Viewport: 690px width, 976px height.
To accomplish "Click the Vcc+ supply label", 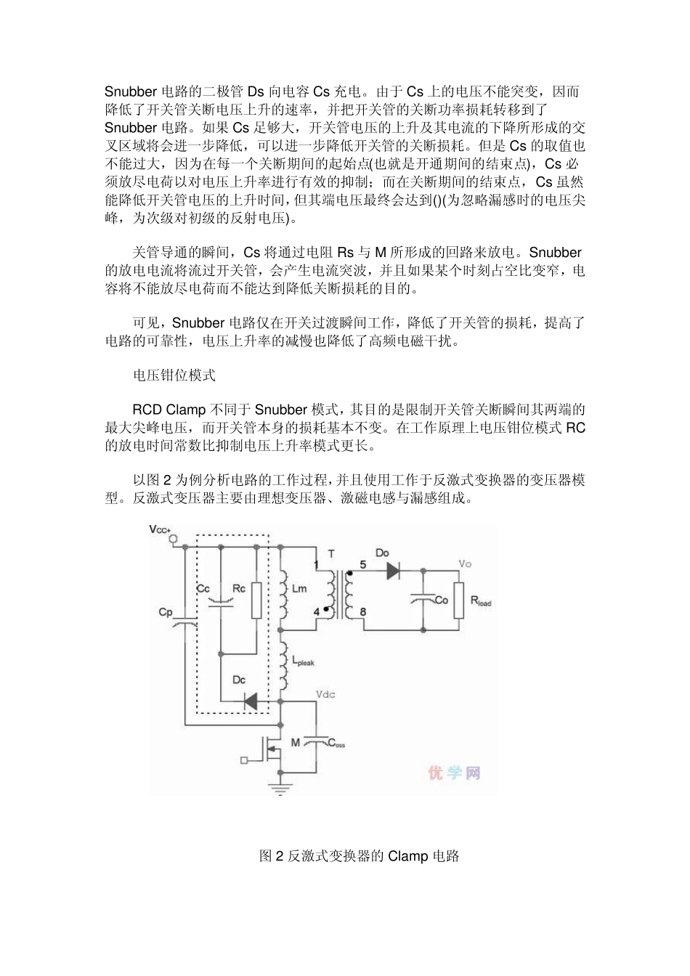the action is pos(160,529).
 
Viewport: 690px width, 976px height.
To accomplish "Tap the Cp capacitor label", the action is pos(166,612).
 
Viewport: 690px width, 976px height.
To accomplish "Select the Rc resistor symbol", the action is pos(256,601).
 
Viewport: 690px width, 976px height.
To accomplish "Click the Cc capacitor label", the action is pos(203,588).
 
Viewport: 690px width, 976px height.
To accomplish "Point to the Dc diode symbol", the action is pos(251,701).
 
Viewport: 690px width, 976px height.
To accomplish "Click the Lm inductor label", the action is pos(299,588).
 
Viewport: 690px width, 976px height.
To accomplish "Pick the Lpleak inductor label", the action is pos(303,662).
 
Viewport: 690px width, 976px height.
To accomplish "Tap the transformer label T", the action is pos(331,554).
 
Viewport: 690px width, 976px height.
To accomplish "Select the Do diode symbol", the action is pos(393,571).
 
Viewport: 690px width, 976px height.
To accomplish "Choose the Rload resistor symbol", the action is pos(458,601).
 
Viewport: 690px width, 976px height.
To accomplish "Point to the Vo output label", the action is pos(465,564).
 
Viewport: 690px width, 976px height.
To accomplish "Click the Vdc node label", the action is pos(325,695).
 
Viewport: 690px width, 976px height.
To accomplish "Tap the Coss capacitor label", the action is pos(338,744).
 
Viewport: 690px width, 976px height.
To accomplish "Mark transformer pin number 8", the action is pos(362,611).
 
